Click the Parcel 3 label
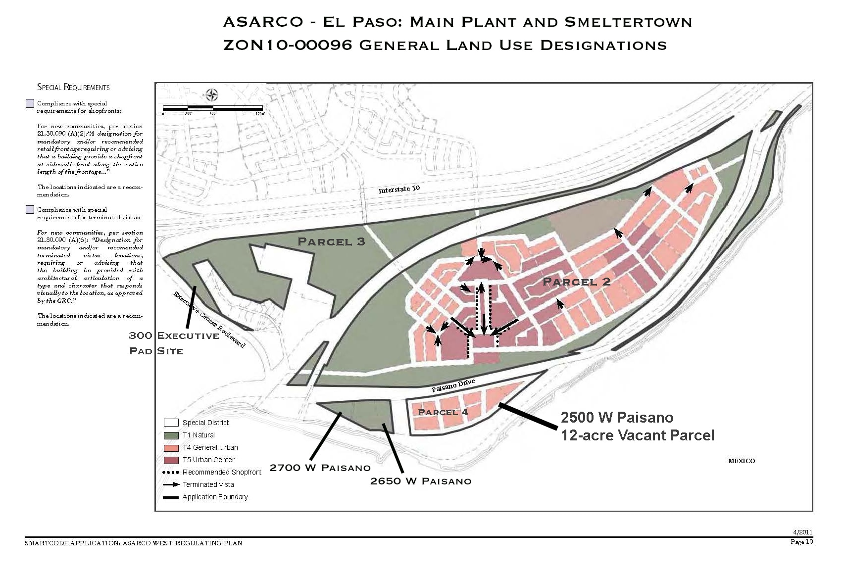331,241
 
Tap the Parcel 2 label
576,282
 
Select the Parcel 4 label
443,412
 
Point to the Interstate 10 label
399,189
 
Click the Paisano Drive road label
453,385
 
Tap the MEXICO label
741,461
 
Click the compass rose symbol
212,95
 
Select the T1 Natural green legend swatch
171,435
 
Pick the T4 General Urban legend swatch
171,448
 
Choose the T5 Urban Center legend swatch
171,460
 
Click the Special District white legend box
171,423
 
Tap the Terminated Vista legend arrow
171,485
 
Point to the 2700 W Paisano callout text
320,468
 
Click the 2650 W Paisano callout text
421,481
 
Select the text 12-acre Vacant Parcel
637,435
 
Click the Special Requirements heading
73,87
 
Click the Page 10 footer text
801,542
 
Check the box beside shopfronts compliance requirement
30,103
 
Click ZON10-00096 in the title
288,45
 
